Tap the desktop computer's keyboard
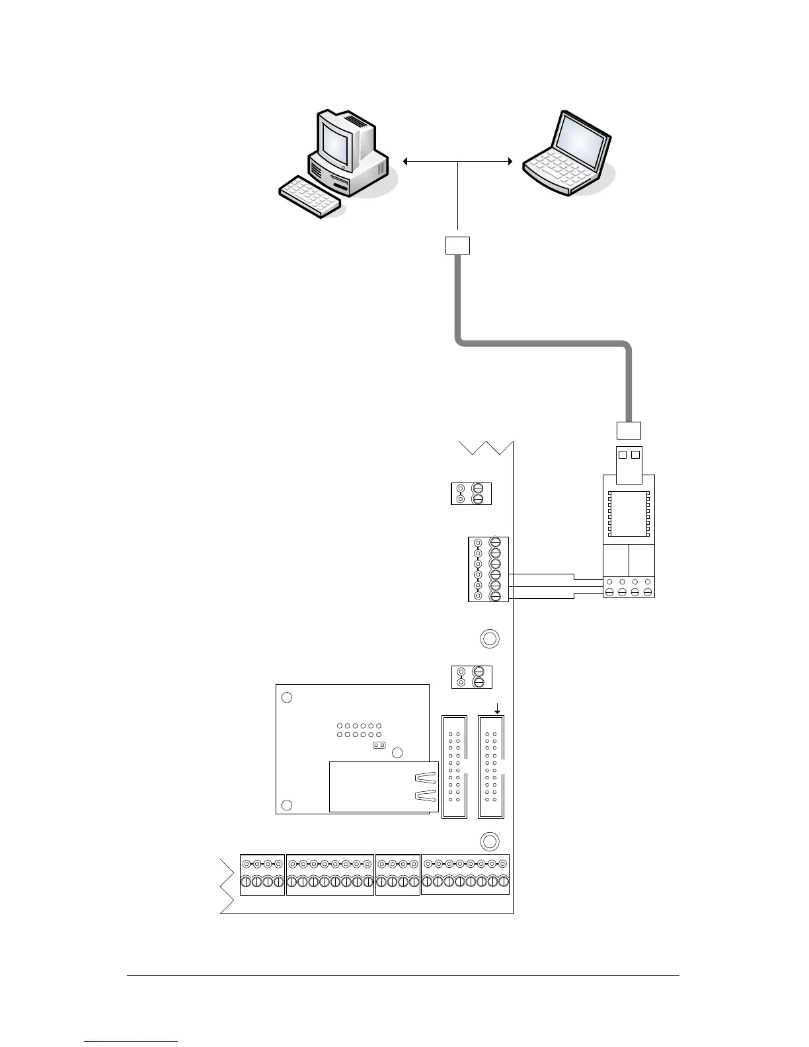(x=311, y=196)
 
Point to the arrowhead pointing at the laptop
(x=509, y=161)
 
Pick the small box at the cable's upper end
(x=457, y=245)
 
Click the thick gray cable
(x=542, y=342)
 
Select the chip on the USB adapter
(x=629, y=513)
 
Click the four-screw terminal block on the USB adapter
(x=629, y=588)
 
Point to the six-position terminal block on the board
(x=488, y=569)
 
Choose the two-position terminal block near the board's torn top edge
(x=471, y=494)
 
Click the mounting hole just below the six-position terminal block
(x=489, y=639)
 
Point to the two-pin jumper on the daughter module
(x=379, y=746)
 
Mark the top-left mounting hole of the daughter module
(x=287, y=697)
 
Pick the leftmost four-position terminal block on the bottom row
(x=262, y=874)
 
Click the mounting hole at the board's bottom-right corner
(x=489, y=841)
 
